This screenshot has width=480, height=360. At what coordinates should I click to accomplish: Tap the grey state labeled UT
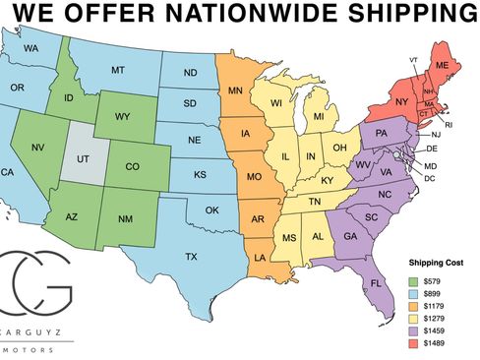click(x=83, y=157)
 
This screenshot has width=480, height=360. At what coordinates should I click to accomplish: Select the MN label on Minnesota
click(x=236, y=92)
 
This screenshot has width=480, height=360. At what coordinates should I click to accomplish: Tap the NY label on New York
click(x=400, y=101)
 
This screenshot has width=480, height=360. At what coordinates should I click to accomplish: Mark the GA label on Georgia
click(x=350, y=235)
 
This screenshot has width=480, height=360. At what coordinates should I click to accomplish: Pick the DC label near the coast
click(x=429, y=178)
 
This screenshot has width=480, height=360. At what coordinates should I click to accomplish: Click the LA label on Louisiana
click(x=262, y=257)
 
